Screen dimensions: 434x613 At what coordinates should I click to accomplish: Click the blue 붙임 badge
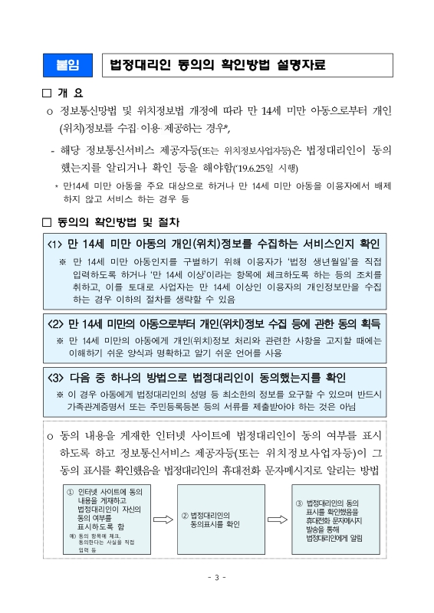(67, 65)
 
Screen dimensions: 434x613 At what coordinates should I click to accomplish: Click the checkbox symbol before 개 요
(46, 94)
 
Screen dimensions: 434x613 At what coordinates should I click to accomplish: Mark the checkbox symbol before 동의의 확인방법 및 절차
(46, 222)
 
